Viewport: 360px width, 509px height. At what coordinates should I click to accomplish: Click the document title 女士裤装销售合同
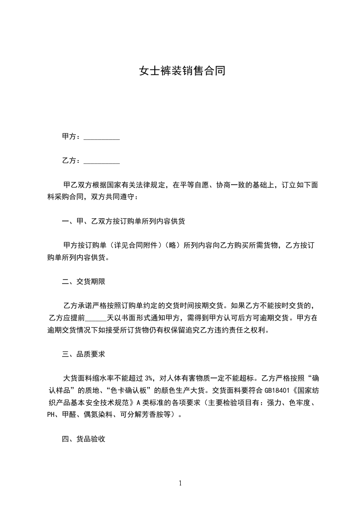point(182,71)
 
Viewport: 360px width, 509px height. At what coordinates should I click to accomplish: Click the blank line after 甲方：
point(102,137)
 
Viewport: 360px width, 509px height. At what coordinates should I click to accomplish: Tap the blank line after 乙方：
point(102,161)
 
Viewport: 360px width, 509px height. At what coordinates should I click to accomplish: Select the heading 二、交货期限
point(84,282)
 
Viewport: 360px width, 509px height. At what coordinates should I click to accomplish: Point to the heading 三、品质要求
point(84,353)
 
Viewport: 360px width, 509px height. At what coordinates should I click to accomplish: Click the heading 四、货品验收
point(84,439)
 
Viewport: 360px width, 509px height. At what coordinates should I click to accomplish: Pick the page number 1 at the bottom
point(180,483)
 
